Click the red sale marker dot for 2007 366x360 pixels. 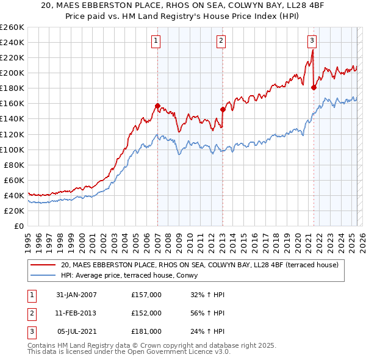157,106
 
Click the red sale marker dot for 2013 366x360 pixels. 223,110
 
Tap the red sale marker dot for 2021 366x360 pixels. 314,87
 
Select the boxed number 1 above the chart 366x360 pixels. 156,41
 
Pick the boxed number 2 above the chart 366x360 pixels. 221,41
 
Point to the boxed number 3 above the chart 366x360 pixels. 312,41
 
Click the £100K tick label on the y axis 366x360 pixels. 12,149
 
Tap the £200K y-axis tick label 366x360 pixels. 12,73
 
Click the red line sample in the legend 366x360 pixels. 44,265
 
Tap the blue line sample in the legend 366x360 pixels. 44,275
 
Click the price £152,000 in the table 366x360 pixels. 146,313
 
